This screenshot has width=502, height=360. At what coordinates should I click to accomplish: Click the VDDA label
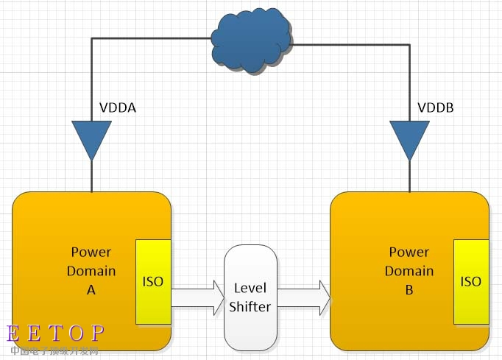click(x=118, y=108)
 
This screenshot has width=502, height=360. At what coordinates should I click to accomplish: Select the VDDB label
click(x=436, y=108)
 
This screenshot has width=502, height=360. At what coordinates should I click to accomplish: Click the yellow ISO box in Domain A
click(x=153, y=281)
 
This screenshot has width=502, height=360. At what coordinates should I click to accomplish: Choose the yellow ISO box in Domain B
click(x=470, y=281)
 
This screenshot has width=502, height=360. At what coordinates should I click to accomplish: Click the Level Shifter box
click(x=250, y=297)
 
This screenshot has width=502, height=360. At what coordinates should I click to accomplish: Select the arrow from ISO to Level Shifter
click(x=197, y=296)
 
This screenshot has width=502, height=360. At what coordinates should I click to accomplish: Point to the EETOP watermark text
click(x=56, y=333)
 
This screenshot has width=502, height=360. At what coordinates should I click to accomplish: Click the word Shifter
click(x=250, y=306)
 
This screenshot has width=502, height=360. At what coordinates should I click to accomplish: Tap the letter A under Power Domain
click(x=91, y=289)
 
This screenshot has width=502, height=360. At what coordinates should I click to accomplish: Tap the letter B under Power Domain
click(x=409, y=289)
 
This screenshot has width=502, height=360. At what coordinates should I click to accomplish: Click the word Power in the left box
click(x=91, y=253)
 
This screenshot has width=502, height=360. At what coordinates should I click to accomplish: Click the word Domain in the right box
click(x=409, y=271)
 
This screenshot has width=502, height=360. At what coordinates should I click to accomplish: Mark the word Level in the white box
click(x=250, y=288)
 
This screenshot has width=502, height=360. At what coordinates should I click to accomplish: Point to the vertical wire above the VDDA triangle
click(x=92, y=81)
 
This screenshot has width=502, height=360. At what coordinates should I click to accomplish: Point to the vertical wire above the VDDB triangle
click(x=409, y=81)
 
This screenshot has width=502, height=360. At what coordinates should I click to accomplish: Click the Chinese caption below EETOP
click(x=54, y=351)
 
